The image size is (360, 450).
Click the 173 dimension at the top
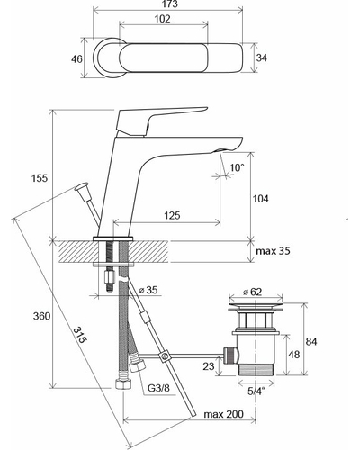click(171, 4)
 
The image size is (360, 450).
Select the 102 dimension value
click(162, 19)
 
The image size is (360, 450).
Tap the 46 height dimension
click(76, 59)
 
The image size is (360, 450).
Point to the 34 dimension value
click(261, 58)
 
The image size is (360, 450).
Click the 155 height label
click(40, 178)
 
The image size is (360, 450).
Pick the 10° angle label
click(237, 167)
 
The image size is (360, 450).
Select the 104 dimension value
click(260, 199)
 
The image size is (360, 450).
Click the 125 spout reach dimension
click(172, 215)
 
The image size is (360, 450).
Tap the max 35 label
click(273, 251)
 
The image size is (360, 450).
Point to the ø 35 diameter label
click(148, 290)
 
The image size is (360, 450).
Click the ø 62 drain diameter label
click(252, 292)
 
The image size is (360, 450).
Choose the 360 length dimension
click(41, 316)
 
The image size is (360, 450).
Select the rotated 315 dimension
click(80, 335)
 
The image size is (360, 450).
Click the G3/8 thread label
click(158, 388)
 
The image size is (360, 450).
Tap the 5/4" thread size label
click(256, 391)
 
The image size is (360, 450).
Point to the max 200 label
click(223, 414)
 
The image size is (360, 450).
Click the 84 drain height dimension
click(311, 341)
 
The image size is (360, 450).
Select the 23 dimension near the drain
click(209, 366)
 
